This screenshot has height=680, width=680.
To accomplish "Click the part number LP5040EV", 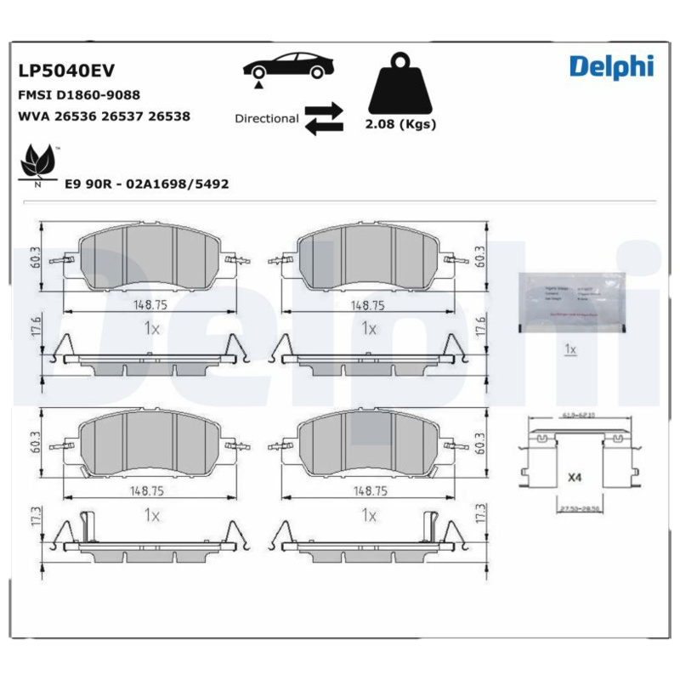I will [59, 71].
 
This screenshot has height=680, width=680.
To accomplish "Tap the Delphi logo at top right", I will [611, 65].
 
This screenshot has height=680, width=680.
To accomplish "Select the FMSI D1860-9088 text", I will [79, 95].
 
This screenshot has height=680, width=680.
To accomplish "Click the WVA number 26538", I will [168, 116].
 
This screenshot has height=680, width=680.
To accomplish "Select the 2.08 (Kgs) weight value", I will [399, 124].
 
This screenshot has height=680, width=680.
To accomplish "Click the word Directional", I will [266, 119].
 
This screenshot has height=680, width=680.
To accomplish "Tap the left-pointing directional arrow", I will [323, 127].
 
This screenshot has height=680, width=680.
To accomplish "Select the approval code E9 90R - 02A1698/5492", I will [146, 184].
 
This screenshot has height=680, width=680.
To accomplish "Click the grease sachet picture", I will [570, 303].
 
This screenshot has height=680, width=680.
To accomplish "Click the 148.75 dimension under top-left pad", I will [148, 304].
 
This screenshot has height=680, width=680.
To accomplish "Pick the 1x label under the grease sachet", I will [570, 349].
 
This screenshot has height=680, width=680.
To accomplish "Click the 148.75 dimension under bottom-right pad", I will [368, 490].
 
